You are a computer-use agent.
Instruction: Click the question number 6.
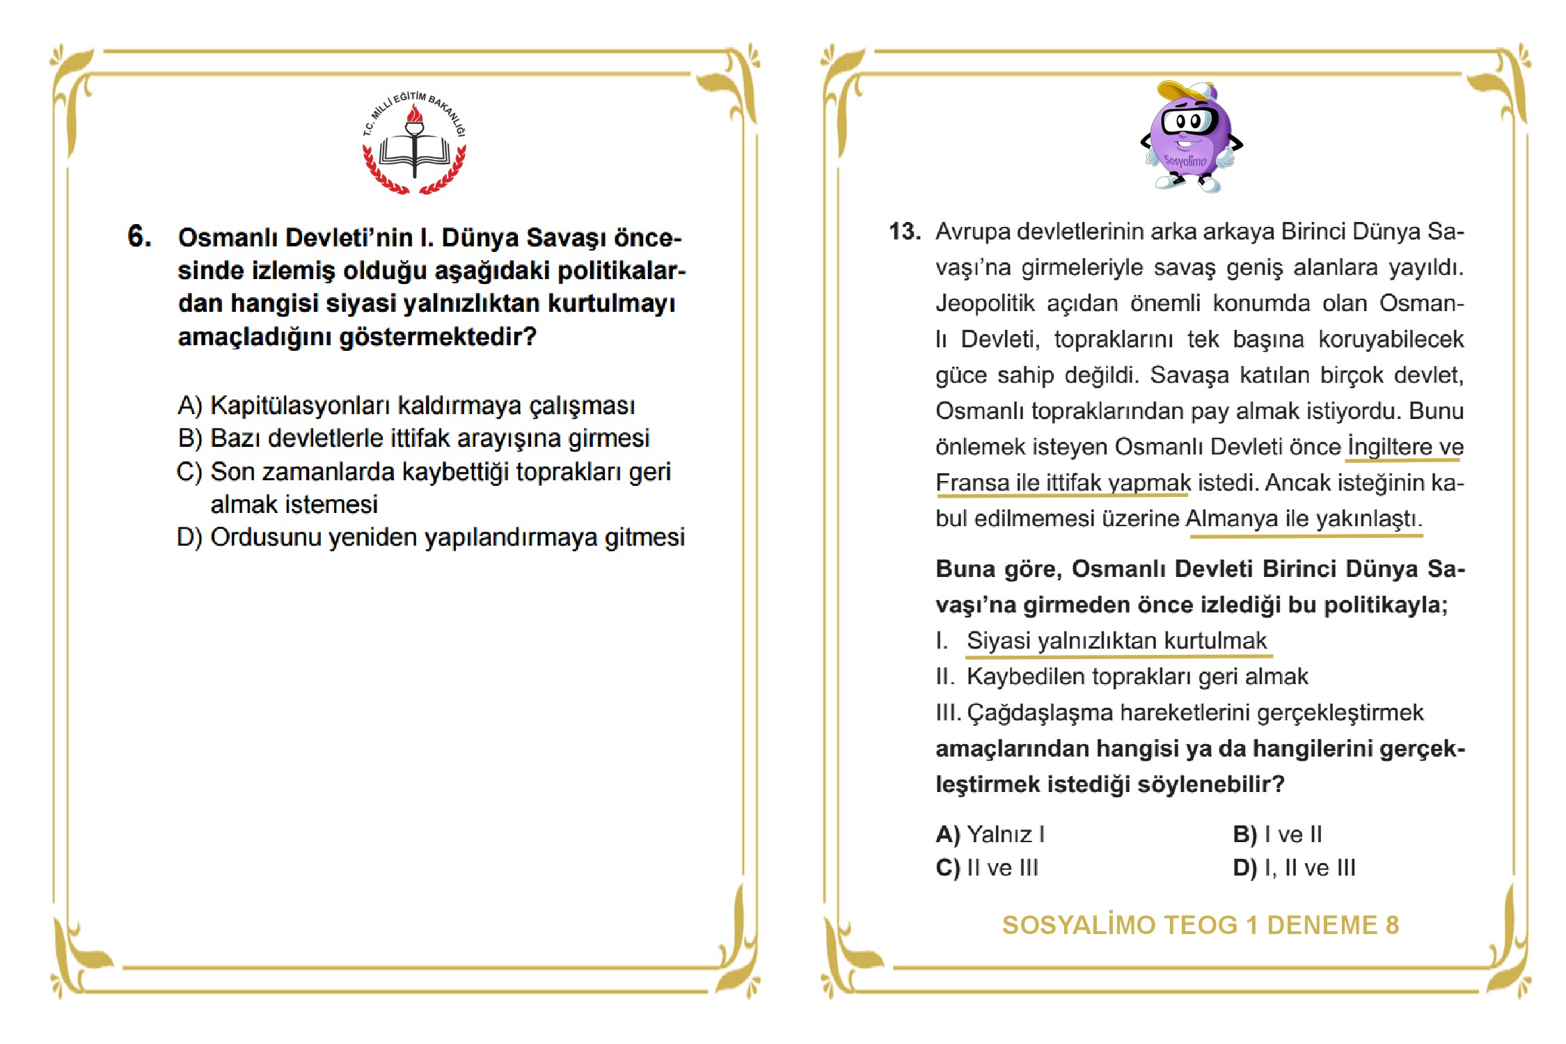click(x=139, y=237)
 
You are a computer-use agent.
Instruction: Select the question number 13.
click(x=904, y=232)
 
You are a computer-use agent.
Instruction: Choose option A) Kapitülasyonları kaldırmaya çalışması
click(x=406, y=405)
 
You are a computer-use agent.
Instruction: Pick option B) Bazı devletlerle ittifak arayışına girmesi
click(x=413, y=438)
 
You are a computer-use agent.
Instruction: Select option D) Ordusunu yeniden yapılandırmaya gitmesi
click(x=431, y=537)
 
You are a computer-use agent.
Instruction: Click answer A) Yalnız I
click(x=990, y=834)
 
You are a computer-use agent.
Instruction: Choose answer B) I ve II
click(x=1277, y=834)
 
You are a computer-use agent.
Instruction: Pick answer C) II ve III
click(x=987, y=868)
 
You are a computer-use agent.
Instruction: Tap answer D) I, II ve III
click(x=1294, y=868)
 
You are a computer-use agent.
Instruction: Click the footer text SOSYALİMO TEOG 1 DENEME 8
click(x=1200, y=925)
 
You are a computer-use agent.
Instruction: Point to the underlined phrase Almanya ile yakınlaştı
click(x=1304, y=519)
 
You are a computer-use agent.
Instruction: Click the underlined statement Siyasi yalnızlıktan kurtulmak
click(x=1116, y=641)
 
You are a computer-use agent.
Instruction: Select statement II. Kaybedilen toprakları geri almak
click(x=1122, y=677)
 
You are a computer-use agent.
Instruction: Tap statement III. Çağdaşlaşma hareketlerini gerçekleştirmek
click(x=1179, y=713)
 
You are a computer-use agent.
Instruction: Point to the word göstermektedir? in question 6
click(x=438, y=337)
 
